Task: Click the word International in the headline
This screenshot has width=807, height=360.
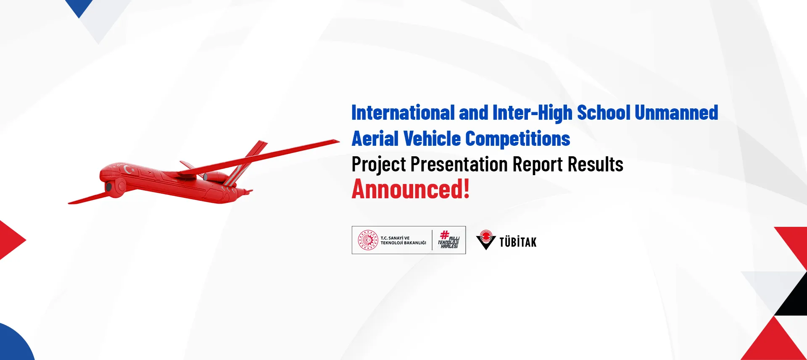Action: coord(403,113)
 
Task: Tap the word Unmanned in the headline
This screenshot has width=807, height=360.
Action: coord(676,113)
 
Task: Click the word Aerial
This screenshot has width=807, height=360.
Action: coord(375,139)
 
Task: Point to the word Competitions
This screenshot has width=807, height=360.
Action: coord(518,139)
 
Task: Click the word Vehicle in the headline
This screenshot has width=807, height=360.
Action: coord(432,139)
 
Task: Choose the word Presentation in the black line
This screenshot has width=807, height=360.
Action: coord(459,164)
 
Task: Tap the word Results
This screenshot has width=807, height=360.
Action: coord(596,164)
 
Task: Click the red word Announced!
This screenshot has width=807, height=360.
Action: coord(411,189)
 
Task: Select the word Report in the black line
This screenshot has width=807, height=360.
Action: coord(538,165)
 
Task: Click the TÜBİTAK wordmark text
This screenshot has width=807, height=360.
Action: coord(518,242)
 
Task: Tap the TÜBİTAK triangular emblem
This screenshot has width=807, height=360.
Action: coord(486,240)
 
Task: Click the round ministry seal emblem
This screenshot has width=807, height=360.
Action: coord(368,240)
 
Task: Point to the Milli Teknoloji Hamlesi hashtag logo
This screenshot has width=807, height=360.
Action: coord(448,239)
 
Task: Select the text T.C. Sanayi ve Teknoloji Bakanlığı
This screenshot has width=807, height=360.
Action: coord(403,240)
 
